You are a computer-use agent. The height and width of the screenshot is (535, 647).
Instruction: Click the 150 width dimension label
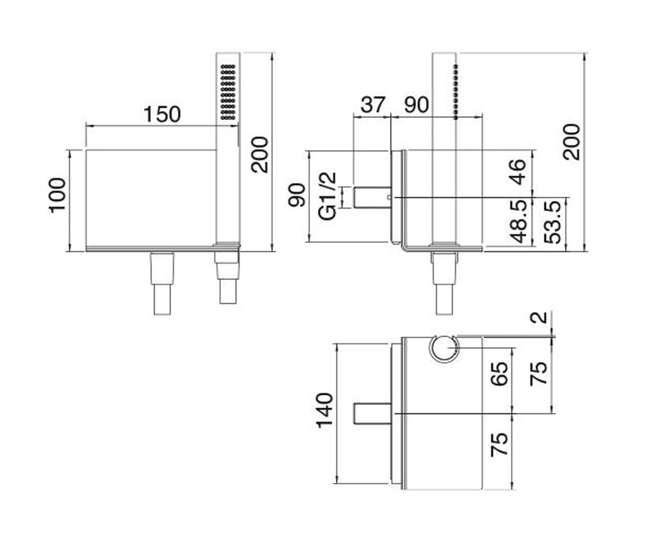click(162, 114)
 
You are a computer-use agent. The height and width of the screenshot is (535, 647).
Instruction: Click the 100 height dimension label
click(57, 195)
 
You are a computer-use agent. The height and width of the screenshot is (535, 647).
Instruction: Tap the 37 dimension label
click(373, 105)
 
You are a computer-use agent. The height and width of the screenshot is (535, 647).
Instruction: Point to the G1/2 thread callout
click(327, 196)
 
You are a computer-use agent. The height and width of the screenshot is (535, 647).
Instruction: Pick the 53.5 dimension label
click(554, 222)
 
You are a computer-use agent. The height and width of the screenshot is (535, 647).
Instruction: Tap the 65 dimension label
click(500, 374)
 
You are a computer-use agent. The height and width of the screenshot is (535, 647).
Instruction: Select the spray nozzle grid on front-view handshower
click(228, 92)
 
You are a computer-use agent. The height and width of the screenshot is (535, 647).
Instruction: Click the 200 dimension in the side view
click(571, 142)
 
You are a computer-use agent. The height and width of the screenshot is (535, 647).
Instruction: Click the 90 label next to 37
click(416, 105)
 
